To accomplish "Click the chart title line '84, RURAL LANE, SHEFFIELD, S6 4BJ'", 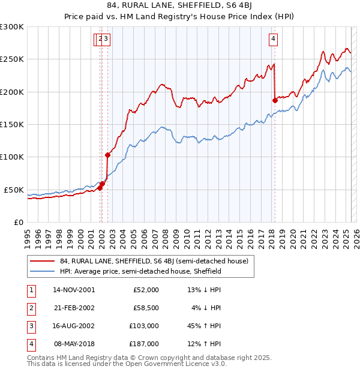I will tap(180, 7).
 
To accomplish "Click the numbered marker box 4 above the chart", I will tap(273, 40).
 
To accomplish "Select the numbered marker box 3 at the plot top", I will tap(106, 40).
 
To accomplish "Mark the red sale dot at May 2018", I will tap(275, 100).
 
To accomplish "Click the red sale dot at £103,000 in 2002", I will tap(107, 155).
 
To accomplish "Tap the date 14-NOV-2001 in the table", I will tap(74, 290).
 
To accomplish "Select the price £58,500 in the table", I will tap(145, 308).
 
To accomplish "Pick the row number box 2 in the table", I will tap(31, 308).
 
